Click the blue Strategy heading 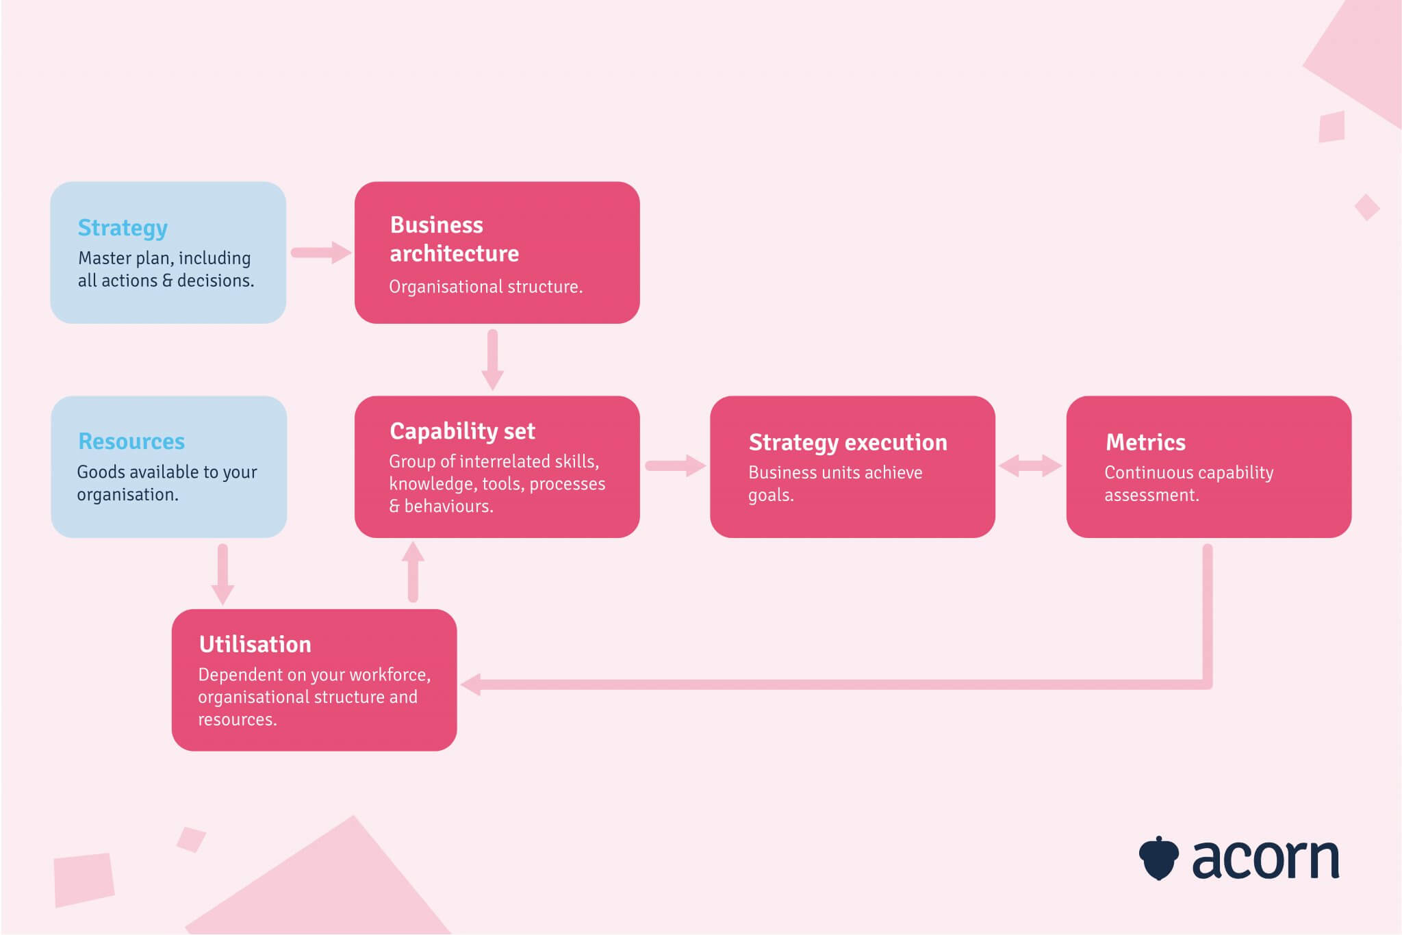click(123, 228)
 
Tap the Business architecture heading click(454, 239)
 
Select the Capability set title click(462, 431)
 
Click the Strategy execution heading click(847, 443)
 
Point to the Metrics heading click(1145, 443)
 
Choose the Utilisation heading click(255, 645)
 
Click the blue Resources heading click(131, 441)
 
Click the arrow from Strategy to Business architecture click(320, 253)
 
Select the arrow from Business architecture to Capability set click(492, 359)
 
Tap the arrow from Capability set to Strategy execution click(675, 466)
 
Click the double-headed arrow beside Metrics click(1030, 466)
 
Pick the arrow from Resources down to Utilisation click(222, 574)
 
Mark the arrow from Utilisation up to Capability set click(413, 572)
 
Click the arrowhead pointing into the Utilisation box click(471, 684)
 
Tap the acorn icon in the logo click(1158, 858)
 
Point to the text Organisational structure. click(485, 287)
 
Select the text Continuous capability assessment click(1188, 483)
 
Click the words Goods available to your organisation click(166, 483)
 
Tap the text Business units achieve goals click(834, 483)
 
